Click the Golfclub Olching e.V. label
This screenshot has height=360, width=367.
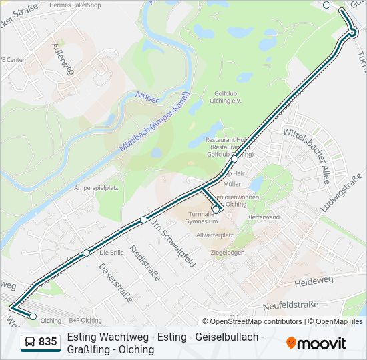pos(228,97)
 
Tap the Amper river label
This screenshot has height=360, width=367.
pos(147,97)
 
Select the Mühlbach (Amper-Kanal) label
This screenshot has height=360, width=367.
pos(155,121)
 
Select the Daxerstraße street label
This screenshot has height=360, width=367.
pos(115,282)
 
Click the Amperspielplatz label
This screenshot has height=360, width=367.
pos(96,188)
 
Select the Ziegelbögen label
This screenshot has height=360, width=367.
pos(228,253)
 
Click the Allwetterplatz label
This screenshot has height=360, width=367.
pos(215,235)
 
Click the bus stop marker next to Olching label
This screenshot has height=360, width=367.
pos(33,316)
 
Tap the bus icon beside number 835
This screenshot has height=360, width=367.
pos(30,343)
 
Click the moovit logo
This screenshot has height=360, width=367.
pos(316,343)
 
